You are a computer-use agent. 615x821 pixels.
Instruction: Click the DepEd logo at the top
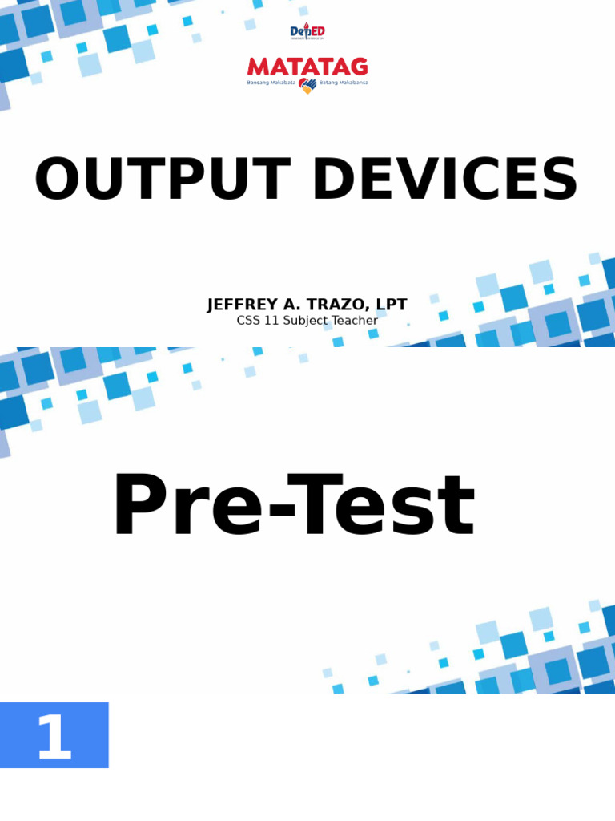307,32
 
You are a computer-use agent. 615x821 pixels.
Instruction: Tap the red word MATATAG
307,67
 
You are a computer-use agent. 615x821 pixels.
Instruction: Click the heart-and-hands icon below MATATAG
307,85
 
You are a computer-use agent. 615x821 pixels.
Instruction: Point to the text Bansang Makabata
271,83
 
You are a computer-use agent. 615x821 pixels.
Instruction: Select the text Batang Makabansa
344,83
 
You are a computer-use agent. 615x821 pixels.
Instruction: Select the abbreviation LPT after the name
390,305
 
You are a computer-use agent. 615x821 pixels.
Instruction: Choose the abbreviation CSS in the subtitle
249,321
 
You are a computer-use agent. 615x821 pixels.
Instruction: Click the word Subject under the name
308,321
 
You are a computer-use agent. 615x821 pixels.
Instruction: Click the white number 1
54,738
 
